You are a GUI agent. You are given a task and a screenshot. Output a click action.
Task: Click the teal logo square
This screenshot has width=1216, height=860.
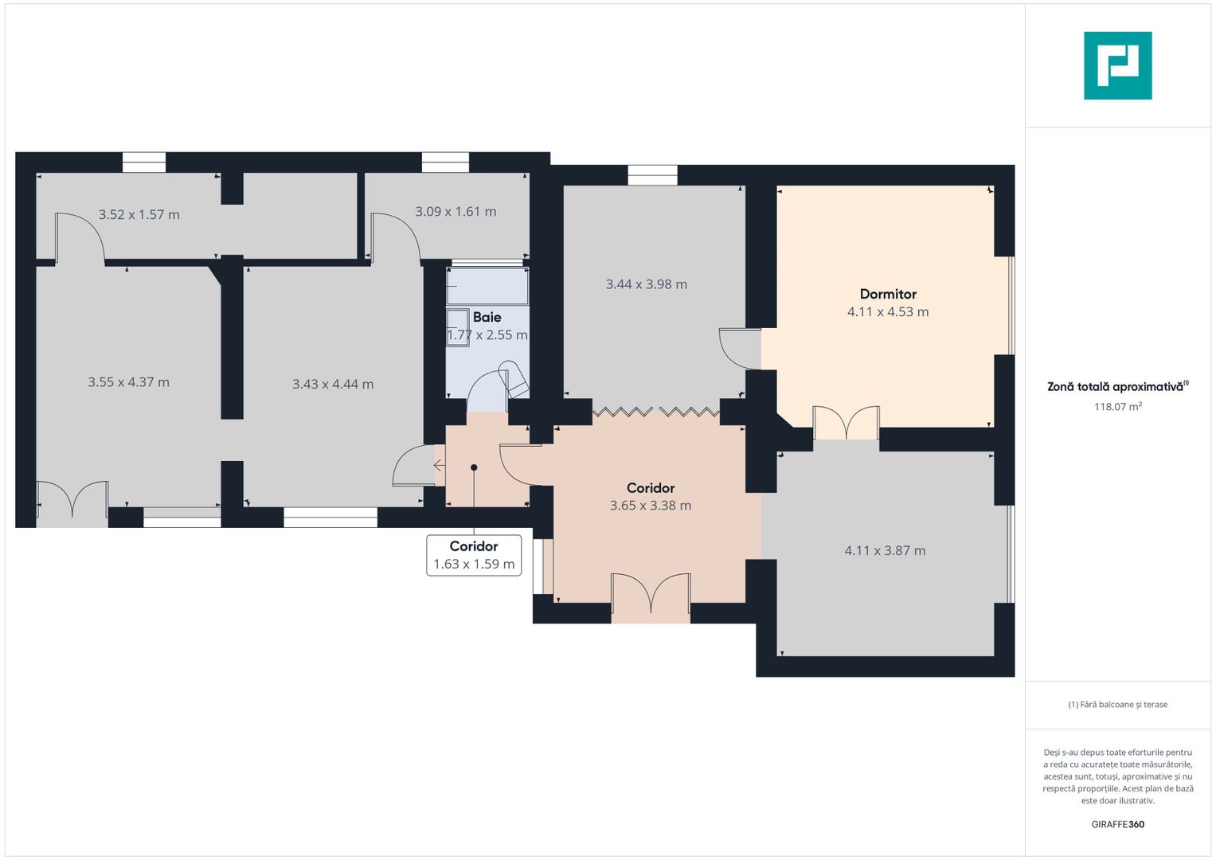click(1118, 65)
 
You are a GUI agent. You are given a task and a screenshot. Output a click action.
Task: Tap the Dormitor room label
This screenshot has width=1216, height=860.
click(888, 295)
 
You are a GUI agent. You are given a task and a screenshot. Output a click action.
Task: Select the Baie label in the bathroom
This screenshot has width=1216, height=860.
click(487, 317)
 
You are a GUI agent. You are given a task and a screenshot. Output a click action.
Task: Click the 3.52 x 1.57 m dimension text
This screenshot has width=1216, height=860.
click(139, 214)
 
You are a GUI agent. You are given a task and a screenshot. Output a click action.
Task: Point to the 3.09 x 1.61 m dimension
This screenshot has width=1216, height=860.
click(456, 212)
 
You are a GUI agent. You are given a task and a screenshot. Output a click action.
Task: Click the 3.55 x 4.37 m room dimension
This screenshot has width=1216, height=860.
click(129, 382)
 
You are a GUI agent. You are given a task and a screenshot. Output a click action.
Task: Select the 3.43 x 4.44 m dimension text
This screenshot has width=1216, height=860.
click(333, 385)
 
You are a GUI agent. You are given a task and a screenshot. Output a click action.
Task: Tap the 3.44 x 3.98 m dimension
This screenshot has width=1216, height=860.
click(647, 284)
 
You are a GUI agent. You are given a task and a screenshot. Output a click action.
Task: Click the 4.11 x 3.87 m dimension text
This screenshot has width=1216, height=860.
click(885, 550)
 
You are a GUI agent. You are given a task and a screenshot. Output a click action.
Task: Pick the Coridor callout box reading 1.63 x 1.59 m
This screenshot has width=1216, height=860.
click(474, 556)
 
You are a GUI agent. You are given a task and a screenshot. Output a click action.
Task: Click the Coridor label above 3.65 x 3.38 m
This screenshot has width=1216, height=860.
click(651, 488)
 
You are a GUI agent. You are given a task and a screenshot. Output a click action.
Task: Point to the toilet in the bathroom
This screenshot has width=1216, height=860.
click(514, 377)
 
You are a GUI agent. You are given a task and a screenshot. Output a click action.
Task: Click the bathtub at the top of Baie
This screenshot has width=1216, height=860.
click(487, 286)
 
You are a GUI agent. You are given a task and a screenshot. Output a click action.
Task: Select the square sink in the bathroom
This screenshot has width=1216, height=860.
click(458, 326)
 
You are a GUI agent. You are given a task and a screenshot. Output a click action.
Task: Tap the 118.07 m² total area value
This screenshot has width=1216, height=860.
click(1118, 407)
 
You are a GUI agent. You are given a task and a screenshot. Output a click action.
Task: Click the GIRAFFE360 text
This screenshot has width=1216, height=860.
click(1118, 824)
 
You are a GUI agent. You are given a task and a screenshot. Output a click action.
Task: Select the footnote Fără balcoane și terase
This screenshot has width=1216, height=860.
click(1118, 705)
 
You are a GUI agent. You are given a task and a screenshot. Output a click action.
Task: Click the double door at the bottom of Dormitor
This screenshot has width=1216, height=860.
click(847, 422)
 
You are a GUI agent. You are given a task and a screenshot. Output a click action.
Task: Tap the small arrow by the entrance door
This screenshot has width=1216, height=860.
click(439, 466)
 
